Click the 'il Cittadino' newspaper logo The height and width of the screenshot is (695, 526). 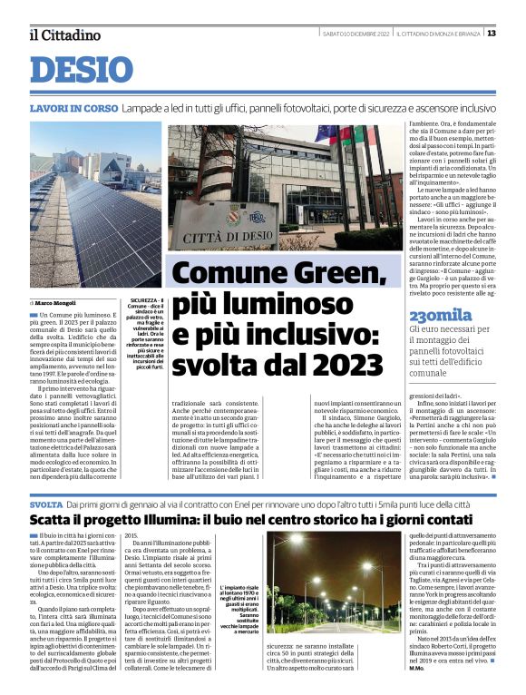click(x=64, y=34)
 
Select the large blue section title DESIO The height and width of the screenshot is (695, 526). click(x=82, y=71)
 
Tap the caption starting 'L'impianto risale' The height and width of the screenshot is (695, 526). click(x=239, y=588)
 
